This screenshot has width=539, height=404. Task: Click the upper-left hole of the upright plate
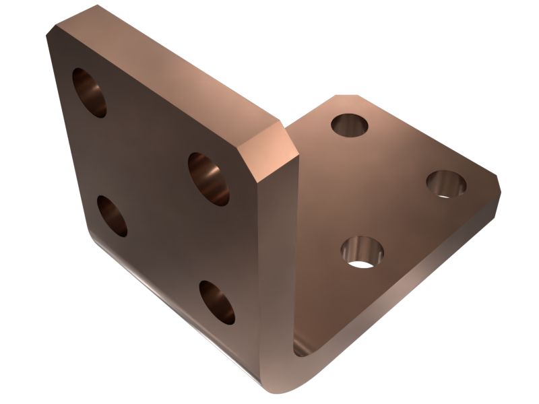pyautogui.click(x=90, y=92)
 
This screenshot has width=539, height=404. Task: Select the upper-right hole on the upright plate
pyautogui.click(x=208, y=178)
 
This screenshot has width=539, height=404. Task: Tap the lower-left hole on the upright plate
pyautogui.click(x=112, y=215)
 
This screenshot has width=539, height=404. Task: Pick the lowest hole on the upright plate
pyautogui.click(x=217, y=302)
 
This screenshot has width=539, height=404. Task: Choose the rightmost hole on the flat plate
pyautogui.click(x=447, y=184)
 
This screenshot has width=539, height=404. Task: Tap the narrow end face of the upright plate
pyautogui.click(x=276, y=269)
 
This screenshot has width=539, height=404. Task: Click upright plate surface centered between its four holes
pyautogui.click(x=155, y=195)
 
